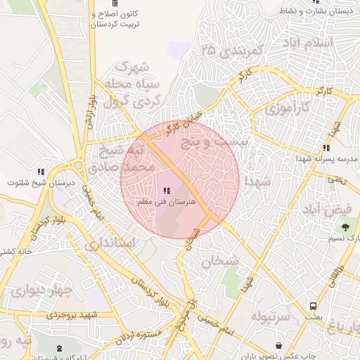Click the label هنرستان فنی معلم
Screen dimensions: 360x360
click(x=167, y=202)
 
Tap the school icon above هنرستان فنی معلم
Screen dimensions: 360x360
click(x=167, y=191)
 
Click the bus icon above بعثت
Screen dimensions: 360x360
click(x=313, y=306)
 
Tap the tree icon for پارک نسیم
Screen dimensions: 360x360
click(x=345, y=226)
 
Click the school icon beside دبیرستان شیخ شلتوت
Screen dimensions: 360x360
click(x=41, y=172)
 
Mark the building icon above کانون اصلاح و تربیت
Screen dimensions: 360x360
click(x=115, y=4)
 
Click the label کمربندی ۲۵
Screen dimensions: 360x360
click(x=231, y=51)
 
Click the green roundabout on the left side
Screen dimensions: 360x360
click(x=77, y=167)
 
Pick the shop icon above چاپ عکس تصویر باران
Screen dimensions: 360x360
click(x=281, y=347)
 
